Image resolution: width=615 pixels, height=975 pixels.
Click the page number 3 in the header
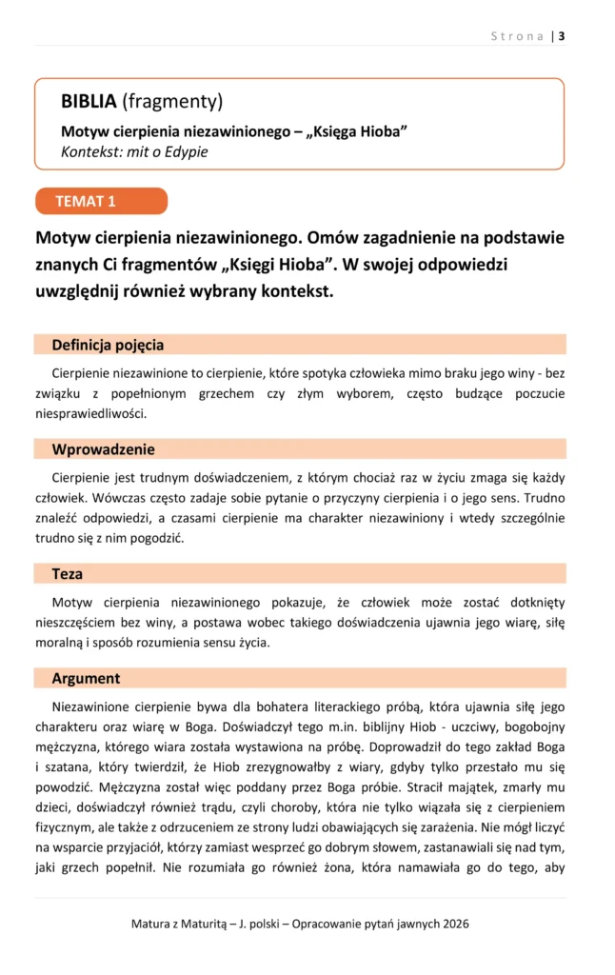point(562,36)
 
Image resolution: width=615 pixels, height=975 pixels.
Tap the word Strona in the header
point(518,36)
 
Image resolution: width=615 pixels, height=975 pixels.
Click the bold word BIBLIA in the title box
point(89,101)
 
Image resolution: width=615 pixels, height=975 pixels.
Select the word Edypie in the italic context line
point(185,151)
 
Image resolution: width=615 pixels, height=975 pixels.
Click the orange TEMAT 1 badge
point(100,201)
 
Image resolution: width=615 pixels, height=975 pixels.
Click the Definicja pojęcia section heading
point(108,345)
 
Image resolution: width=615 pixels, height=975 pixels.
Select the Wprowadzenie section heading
point(103,449)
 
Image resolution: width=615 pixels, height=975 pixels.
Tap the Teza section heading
point(68,574)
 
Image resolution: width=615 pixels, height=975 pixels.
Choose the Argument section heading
point(86,679)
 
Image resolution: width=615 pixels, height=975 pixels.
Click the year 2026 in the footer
point(453,924)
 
